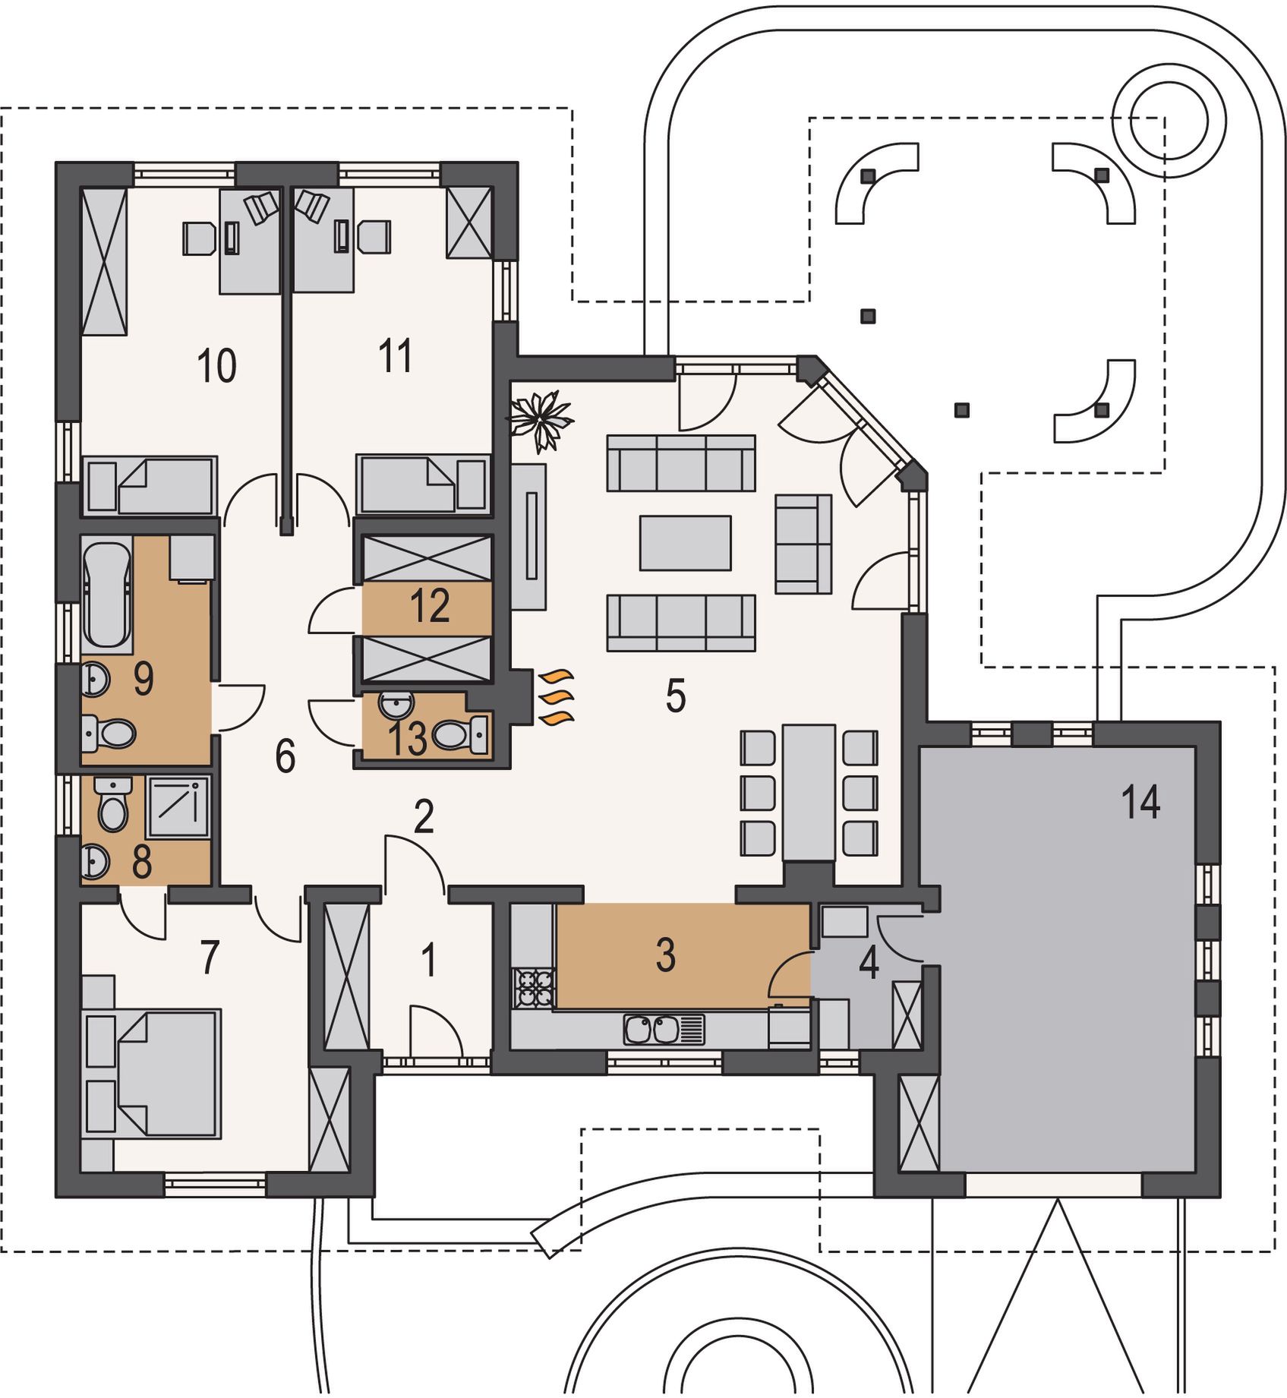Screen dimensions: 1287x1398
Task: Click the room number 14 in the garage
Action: click(1140, 802)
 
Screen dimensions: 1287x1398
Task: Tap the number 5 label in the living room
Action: click(675, 696)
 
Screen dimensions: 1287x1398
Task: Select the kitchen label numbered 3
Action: click(665, 955)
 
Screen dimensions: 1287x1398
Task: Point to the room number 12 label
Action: click(430, 605)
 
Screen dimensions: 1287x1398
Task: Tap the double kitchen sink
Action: click(653, 1030)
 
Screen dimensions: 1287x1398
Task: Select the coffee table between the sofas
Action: click(685, 542)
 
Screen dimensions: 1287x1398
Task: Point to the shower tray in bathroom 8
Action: click(178, 806)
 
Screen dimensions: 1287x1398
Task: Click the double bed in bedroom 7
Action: click(152, 1072)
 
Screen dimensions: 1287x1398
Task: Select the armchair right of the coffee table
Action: click(803, 544)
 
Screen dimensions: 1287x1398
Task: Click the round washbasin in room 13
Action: click(395, 705)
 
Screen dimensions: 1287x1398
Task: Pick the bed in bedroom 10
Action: click(150, 484)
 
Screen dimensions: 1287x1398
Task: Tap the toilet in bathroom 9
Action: click(108, 734)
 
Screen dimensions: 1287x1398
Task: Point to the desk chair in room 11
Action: click(375, 237)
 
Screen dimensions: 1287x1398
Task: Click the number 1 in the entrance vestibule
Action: click(429, 960)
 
